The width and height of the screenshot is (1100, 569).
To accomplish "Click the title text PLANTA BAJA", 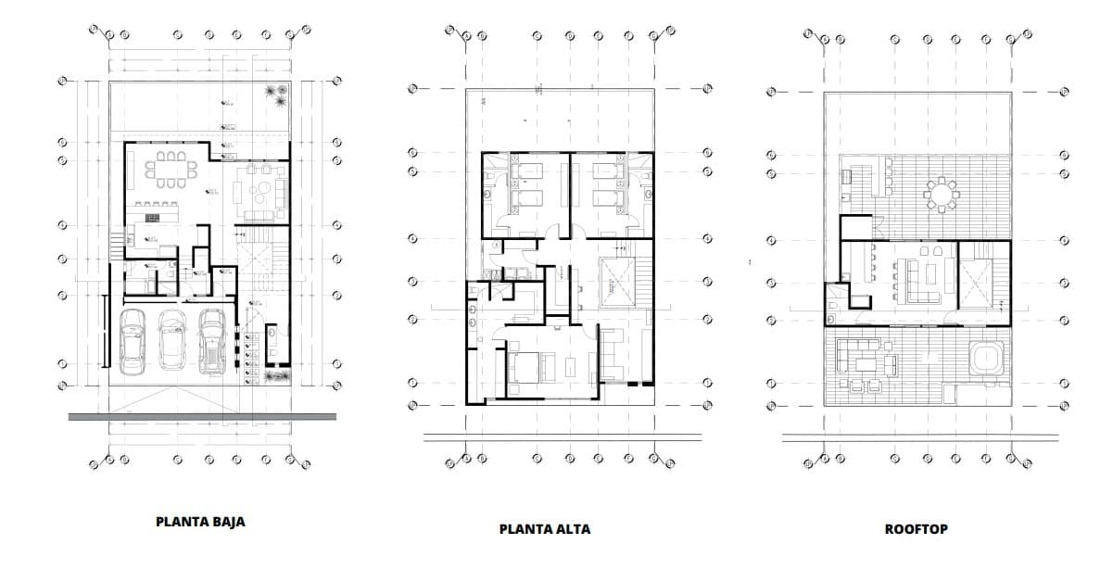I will [200, 522].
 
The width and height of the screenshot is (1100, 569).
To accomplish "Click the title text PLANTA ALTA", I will [544, 529].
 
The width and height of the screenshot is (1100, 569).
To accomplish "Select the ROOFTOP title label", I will [916, 529].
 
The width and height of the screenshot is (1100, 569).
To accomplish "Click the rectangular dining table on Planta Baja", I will [171, 168].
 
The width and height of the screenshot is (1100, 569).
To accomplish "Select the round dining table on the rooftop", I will [942, 195].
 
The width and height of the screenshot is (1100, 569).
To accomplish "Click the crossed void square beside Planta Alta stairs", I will [614, 281].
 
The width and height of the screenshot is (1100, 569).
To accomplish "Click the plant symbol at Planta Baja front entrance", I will [274, 376].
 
